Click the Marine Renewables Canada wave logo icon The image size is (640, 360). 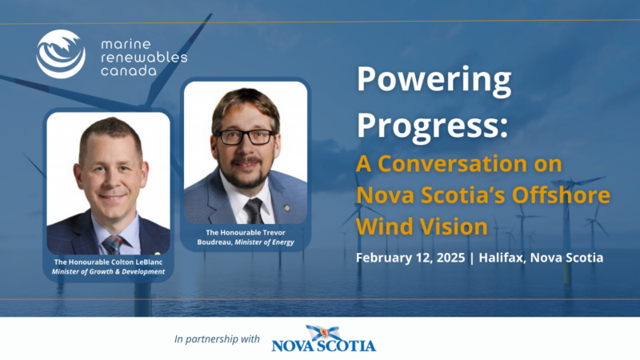[61, 54]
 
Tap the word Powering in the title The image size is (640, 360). [434, 79]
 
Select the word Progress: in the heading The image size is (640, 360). [432, 126]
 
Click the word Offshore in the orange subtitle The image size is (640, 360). [562, 194]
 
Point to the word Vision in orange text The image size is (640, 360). [451, 226]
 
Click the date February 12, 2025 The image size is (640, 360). [410, 258]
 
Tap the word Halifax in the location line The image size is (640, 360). [502, 258]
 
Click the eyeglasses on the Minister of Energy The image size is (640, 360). [246, 137]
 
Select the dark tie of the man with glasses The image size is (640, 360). [254, 210]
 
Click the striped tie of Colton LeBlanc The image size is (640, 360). [113, 245]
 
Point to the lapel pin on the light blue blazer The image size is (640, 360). [287, 208]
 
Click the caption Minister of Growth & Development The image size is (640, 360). [108, 272]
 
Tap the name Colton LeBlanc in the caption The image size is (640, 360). [137, 262]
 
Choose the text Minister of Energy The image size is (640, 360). [265, 242]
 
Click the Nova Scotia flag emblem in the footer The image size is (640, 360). [324, 333]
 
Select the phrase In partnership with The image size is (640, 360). [217, 338]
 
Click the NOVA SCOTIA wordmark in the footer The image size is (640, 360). [324, 346]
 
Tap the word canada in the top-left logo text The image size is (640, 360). [129, 71]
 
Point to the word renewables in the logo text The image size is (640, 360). [144, 58]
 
